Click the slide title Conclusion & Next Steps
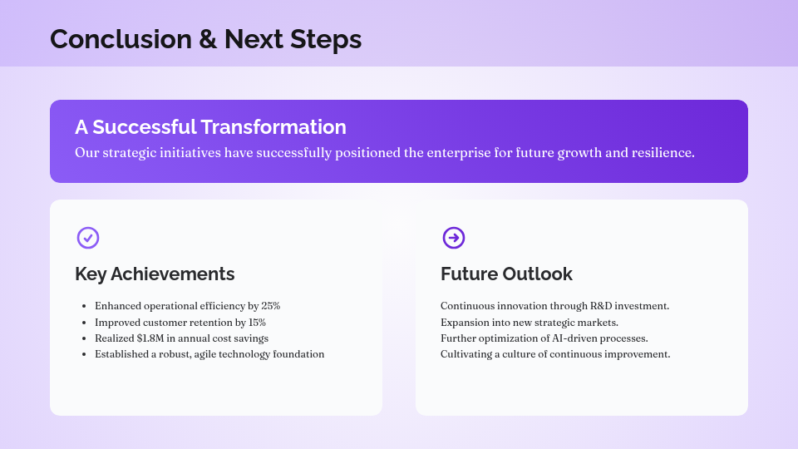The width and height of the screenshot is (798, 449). click(x=205, y=39)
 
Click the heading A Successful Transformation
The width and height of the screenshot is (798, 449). click(x=210, y=127)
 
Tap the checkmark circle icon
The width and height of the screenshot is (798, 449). click(x=88, y=238)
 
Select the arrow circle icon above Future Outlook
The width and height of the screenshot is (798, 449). click(x=454, y=238)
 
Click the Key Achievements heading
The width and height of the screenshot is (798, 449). click(x=155, y=274)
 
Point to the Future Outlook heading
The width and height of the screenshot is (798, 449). click(x=506, y=274)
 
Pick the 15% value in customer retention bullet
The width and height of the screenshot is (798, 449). click(x=257, y=322)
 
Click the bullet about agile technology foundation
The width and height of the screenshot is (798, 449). click(x=209, y=354)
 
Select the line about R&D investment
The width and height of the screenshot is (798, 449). click(x=554, y=306)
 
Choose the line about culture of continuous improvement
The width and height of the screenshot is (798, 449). click(x=554, y=354)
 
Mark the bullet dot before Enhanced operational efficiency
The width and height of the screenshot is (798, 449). click(x=84, y=307)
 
